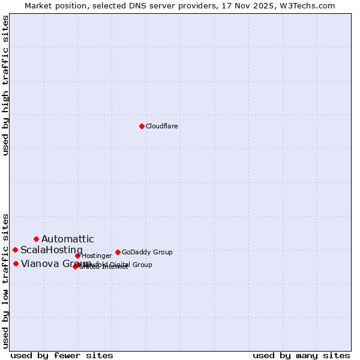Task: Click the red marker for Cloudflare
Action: coord(142,126)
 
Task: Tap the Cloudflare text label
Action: coord(161,126)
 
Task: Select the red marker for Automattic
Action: coord(36,239)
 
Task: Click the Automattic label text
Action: coord(67,239)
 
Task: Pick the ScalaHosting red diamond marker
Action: coord(15,250)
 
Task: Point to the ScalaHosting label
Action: coord(51,250)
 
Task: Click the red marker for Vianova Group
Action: coord(16,263)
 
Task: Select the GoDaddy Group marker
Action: coord(118,252)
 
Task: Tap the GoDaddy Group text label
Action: coord(147,252)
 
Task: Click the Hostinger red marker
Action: coord(77,256)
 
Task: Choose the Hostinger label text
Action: coord(97,256)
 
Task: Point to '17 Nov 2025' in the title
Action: coord(257,5)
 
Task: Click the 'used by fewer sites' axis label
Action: coord(62,355)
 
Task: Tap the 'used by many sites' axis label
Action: coord(301,355)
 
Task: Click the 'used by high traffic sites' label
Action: coord(5,85)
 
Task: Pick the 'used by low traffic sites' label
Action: coord(5,280)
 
